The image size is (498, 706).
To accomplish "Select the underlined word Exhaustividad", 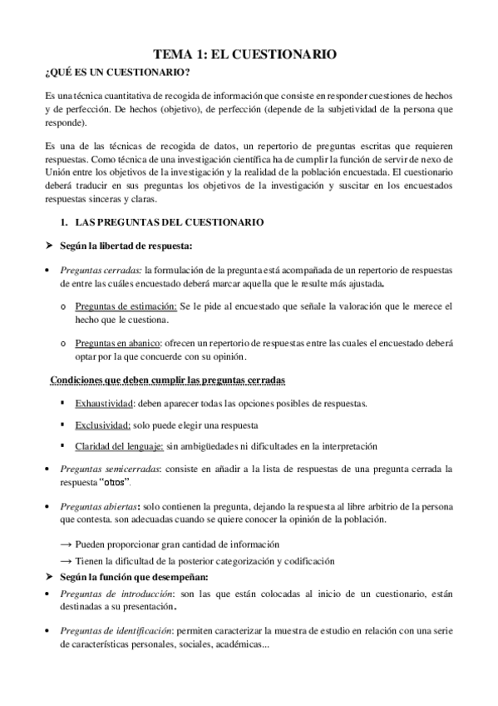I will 104,404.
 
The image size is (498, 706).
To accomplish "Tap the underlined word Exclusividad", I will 102,425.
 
